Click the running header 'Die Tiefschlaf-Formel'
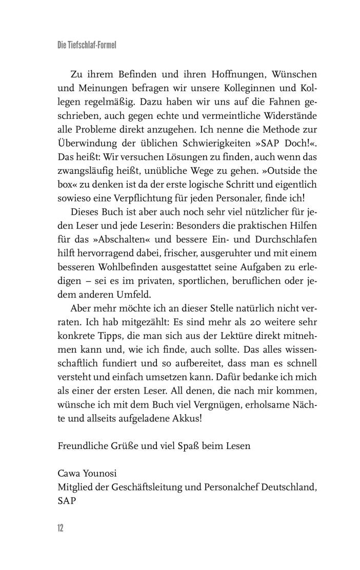click(87, 45)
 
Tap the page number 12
click(61, 528)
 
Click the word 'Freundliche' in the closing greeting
click(82, 445)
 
